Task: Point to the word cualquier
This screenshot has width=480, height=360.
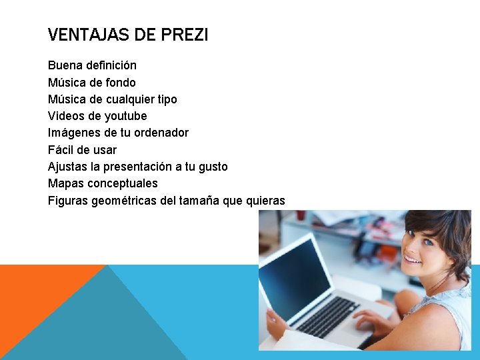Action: [128, 99]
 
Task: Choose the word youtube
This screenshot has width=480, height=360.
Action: [125, 116]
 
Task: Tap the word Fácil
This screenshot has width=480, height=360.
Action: [61, 150]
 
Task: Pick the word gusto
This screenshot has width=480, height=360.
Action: [211, 167]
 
